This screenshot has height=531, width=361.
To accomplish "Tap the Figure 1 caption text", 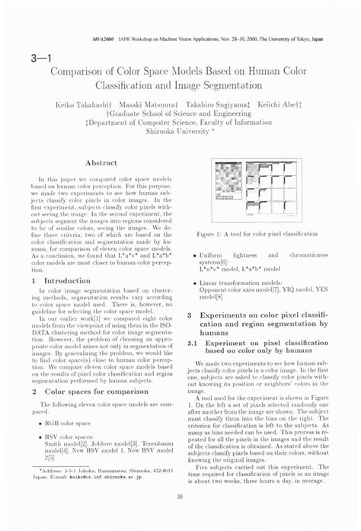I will pyautogui.click(x=257, y=235).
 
